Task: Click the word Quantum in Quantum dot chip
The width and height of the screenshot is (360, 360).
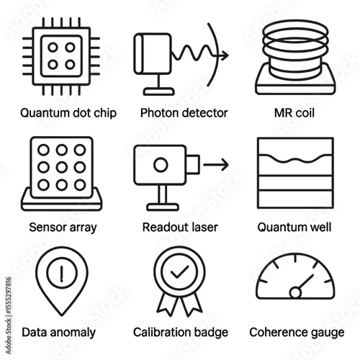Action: pyautogui.click(x=44, y=113)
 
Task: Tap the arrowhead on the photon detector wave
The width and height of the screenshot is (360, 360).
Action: pyautogui.click(x=225, y=55)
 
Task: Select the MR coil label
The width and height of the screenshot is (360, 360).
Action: pyautogui.click(x=294, y=113)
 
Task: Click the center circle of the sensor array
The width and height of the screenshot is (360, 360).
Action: pyautogui.click(x=62, y=167)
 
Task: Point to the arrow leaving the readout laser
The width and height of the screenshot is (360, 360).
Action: pyautogui.click(x=216, y=165)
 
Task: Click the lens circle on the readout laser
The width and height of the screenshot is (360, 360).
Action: pyautogui.click(x=161, y=165)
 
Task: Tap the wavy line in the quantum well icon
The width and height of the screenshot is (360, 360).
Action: pyautogui.click(x=295, y=158)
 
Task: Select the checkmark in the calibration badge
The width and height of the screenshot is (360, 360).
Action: pyautogui.click(x=179, y=272)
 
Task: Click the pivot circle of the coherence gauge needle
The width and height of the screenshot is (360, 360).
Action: pyautogui.click(x=295, y=292)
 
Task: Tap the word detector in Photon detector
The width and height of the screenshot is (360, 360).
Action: pyautogui.click(x=204, y=113)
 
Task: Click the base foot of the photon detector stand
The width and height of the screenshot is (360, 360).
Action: pyautogui.click(x=159, y=91)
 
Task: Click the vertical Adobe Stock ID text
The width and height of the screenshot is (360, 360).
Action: pyautogui.click(x=9, y=315)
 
